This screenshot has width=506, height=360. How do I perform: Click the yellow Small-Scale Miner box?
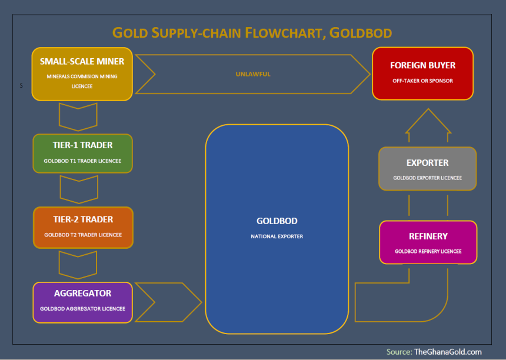point(82,74)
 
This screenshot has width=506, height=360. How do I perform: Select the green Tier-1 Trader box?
point(82,153)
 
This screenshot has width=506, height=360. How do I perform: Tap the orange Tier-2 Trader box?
point(84,228)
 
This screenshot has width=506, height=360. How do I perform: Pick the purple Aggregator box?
point(82,302)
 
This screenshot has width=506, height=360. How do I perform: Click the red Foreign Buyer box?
point(422,74)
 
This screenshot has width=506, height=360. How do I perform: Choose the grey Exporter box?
point(427,168)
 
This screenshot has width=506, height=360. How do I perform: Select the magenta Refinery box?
point(428,242)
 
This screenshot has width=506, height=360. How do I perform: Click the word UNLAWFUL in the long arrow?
point(253,74)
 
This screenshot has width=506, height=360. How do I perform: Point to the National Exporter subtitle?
point(277,236)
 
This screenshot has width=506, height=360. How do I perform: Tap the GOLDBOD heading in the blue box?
point(277,221)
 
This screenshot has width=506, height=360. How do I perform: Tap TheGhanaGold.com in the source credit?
point(448,352)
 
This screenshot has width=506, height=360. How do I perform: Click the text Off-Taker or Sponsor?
point(422,81)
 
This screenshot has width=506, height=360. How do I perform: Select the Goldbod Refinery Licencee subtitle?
point(428,251)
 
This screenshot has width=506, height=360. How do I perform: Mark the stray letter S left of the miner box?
point(21,85)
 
